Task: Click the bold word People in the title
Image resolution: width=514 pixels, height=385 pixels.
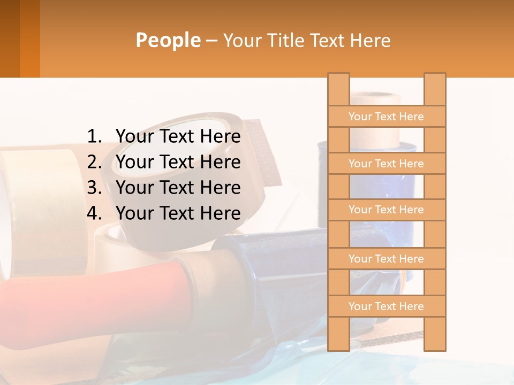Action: coord(168,40)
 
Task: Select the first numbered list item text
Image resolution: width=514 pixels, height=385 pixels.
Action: coord(178,137)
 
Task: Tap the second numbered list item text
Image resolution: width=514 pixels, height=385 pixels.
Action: coord(178,162)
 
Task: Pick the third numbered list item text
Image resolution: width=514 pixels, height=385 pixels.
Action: coord(178,188)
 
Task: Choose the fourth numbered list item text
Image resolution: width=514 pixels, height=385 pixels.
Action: coord(178,213)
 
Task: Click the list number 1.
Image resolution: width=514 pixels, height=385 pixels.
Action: coord(94,137)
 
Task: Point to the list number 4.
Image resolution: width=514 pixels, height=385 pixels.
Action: coord(94,213)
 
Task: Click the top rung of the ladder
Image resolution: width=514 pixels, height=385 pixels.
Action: coord(386,117)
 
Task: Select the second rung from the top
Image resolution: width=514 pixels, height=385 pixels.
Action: coord(386,164)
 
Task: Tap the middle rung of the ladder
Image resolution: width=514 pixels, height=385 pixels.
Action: coord(386,210)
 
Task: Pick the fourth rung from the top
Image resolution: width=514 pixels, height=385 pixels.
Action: coord(386,259)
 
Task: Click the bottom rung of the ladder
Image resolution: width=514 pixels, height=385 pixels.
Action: coord(386,306)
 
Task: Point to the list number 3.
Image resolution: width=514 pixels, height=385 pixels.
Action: coord(94,188)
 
